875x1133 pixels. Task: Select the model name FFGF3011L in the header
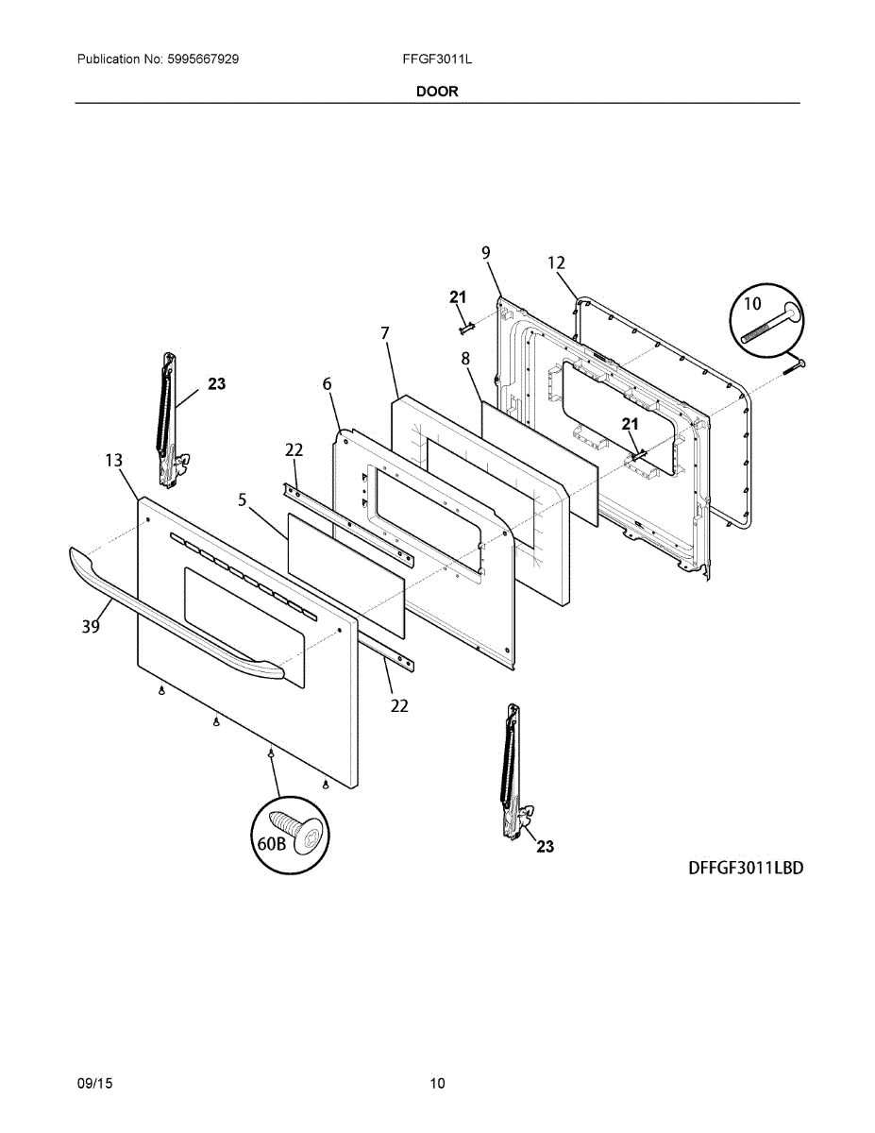coord(436,59)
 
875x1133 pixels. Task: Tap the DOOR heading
coord(437,92)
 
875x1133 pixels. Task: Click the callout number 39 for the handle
coord(91,626)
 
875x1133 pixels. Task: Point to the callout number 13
coord(113,461)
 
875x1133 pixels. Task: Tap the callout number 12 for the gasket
coord(556,262)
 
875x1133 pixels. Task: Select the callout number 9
coord(485,252)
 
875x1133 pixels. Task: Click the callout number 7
coord(385,332)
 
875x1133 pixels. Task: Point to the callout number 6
coord(327,384)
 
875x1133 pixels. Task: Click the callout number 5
coord(243,499)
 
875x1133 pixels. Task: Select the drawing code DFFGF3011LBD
coord(745,868)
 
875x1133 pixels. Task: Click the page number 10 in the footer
coord(437,1083)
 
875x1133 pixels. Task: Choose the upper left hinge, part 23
coord(168,420)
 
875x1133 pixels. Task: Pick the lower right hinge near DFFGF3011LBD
coord(513,769)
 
